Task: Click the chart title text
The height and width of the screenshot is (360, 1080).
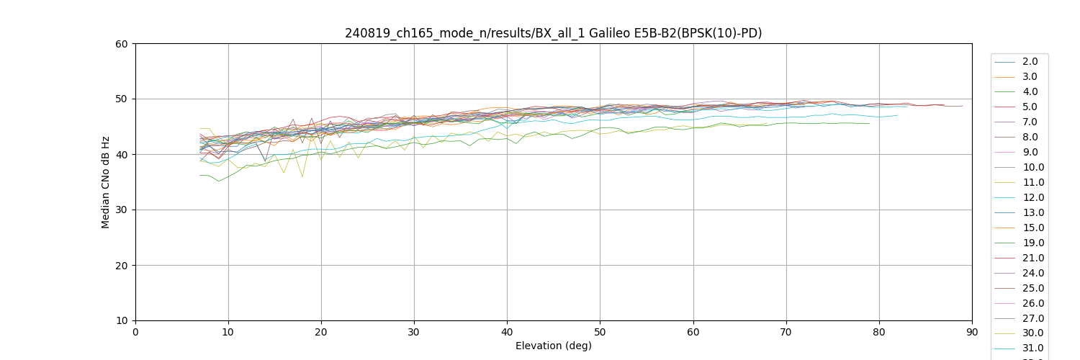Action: pyautogui.click(x=553, y=33)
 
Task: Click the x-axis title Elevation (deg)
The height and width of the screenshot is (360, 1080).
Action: pyautogui.click(x=553, y=346)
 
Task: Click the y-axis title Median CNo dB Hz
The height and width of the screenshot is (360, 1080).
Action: pyautogui.click(x=106, y=182)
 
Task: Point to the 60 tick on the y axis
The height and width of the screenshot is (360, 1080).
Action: pyautogui.click(x=122, y=44)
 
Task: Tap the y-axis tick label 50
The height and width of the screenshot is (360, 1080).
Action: pyautogui.click(x=122, y=99)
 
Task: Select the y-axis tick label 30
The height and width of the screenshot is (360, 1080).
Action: pyautogui.click(x=122, y=210)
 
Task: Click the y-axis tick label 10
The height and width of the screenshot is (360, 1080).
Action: pyautogui.click(x=122, y=321)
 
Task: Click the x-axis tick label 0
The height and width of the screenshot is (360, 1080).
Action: pyautogui.click(x=135, y=333)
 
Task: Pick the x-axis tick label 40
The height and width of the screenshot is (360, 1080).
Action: pyautogui.click(x=507, y=333)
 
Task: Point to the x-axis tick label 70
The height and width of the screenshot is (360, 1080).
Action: pyautogui.click(x=786, y=333)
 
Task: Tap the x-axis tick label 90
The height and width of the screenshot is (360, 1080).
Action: pyautogui.click(x=971, y=333)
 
